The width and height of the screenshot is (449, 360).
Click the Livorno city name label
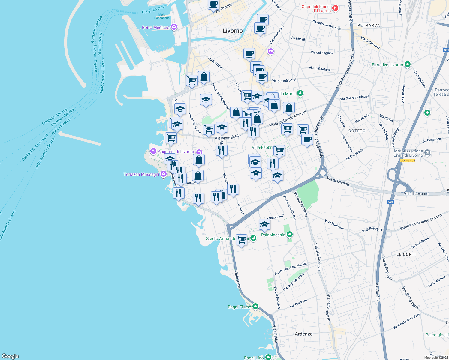[233, 31]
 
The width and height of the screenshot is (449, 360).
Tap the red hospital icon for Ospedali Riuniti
[336, 8]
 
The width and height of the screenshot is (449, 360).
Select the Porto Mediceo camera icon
[174, 27]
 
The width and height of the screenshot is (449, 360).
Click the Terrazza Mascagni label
[141, 174]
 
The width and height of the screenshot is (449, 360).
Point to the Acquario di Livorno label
[176, 151]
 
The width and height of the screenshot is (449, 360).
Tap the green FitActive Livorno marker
[407, 64]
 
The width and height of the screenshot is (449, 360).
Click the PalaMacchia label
[273, 235]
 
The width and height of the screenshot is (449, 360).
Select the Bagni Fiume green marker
[255, 306]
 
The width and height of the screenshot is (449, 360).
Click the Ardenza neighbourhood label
[303, 334]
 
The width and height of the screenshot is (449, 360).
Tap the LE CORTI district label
[406, 254]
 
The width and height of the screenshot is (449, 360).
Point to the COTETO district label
[357, 131]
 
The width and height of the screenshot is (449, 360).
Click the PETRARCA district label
[369, 25]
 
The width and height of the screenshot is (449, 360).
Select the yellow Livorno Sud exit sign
[408, 160]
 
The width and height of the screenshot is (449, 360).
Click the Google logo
[10, 356]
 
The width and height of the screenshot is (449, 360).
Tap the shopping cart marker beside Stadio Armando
[241, 240]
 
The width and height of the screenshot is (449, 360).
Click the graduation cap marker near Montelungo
[264, 224]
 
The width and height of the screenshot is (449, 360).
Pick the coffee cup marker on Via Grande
[214, 4]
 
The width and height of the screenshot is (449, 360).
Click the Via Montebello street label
[228, 137]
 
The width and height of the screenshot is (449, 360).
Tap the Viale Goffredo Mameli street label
[288, 119]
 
